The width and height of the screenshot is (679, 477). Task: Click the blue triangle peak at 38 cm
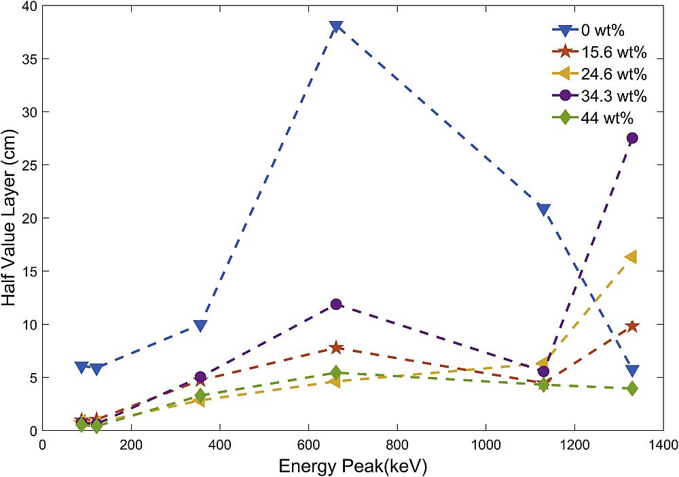pos(335,27)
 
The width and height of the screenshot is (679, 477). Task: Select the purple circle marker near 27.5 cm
pos(632,138)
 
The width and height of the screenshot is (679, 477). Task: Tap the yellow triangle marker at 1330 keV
pos(631,257)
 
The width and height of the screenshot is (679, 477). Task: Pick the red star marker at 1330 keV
pos(632,326)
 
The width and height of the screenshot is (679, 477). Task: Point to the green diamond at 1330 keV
pos(632,389)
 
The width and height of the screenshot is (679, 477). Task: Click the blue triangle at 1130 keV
pos(543,209)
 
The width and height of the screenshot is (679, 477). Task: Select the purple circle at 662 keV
pos(335,304)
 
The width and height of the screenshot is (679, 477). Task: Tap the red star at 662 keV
pos(335,348)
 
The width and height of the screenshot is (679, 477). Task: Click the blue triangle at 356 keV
pos(200,325)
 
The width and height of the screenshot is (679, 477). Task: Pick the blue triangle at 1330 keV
pos(632,370)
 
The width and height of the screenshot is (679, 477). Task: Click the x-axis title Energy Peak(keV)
pos(352,466)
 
